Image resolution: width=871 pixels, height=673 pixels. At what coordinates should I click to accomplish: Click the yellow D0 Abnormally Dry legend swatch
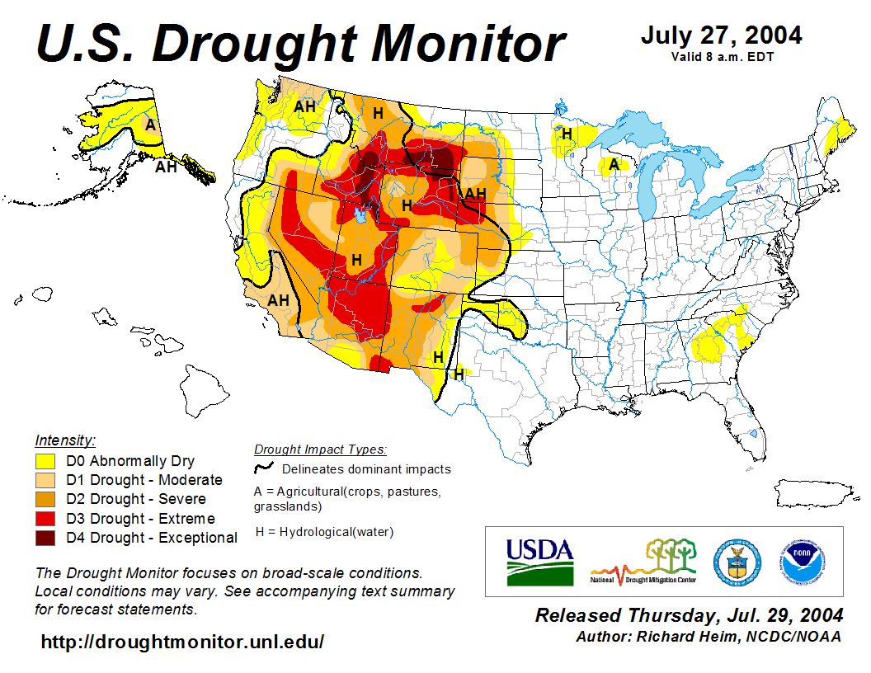point(45,461)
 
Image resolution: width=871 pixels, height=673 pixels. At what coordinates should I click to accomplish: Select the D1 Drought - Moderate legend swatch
point(45,480)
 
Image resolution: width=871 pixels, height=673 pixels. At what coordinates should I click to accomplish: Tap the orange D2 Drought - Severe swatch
point(45,499)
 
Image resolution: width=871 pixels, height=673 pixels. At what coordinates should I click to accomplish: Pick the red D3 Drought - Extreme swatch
point(45,519)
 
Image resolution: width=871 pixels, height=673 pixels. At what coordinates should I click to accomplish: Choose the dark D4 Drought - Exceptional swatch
point(45,538)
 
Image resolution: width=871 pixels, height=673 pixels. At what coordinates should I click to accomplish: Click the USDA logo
point(539,561)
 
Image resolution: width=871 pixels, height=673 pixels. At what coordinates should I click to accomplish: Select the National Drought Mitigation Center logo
point(644,562)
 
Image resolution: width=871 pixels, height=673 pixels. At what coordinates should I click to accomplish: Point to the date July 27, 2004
point(721,36)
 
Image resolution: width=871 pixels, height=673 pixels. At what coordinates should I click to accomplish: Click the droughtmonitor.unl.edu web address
point(182,642)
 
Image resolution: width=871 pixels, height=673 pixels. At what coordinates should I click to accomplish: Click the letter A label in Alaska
point(150,125)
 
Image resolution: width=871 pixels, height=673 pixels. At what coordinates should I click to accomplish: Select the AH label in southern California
point(279,300)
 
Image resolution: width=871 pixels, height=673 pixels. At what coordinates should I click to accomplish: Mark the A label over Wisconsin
point(614,164)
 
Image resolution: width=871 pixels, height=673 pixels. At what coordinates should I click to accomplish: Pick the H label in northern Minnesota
point(567,133)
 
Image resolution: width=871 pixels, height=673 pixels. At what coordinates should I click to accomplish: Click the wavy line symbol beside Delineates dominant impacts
point(265,468)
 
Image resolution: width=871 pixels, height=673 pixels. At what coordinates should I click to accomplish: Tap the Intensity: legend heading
point(65,440)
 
